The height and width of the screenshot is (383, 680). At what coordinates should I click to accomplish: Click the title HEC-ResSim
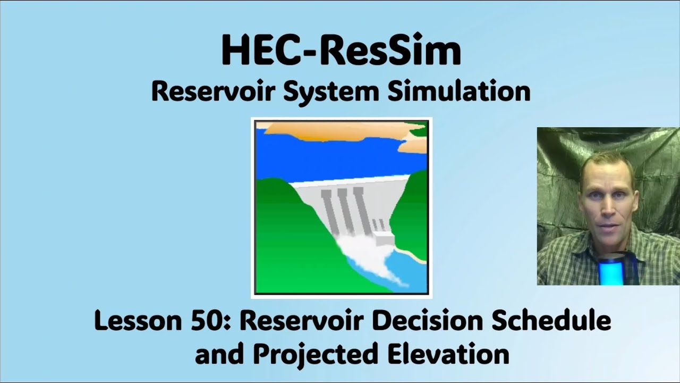341,51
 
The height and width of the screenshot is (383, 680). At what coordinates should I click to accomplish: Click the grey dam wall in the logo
345,207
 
